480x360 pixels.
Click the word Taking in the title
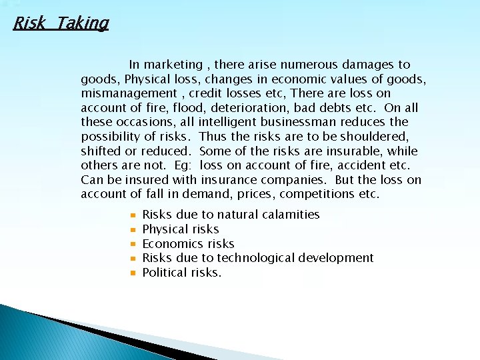(x=83, y=24)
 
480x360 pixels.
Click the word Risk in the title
(x=29, y=24)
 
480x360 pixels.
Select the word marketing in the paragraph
(x=173, y=65)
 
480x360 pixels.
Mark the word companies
(x=295, y=180)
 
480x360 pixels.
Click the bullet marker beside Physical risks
(x=133, y=229)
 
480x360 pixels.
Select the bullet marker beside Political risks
(x=133, y=273)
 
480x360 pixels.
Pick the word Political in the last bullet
(x=163, y=273)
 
